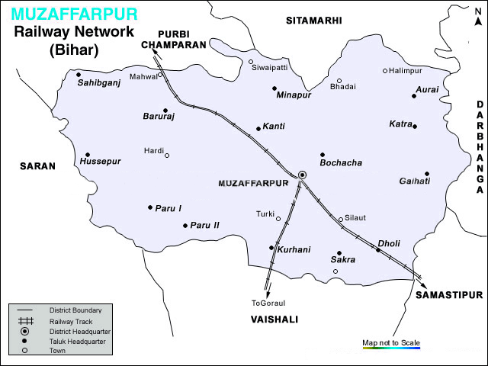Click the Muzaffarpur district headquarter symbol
[x=302, y=175]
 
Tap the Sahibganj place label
[x=99, y=82]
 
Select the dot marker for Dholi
[x=377, y=249]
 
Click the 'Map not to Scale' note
[x=391, y=342]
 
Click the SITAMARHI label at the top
[x=313, y=20]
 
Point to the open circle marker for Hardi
[x=167, y=156]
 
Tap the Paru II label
[x=205, y=225]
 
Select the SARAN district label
[x=38, y=165]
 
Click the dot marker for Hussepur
[x=88, y=154]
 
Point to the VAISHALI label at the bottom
[x=274, y=319]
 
